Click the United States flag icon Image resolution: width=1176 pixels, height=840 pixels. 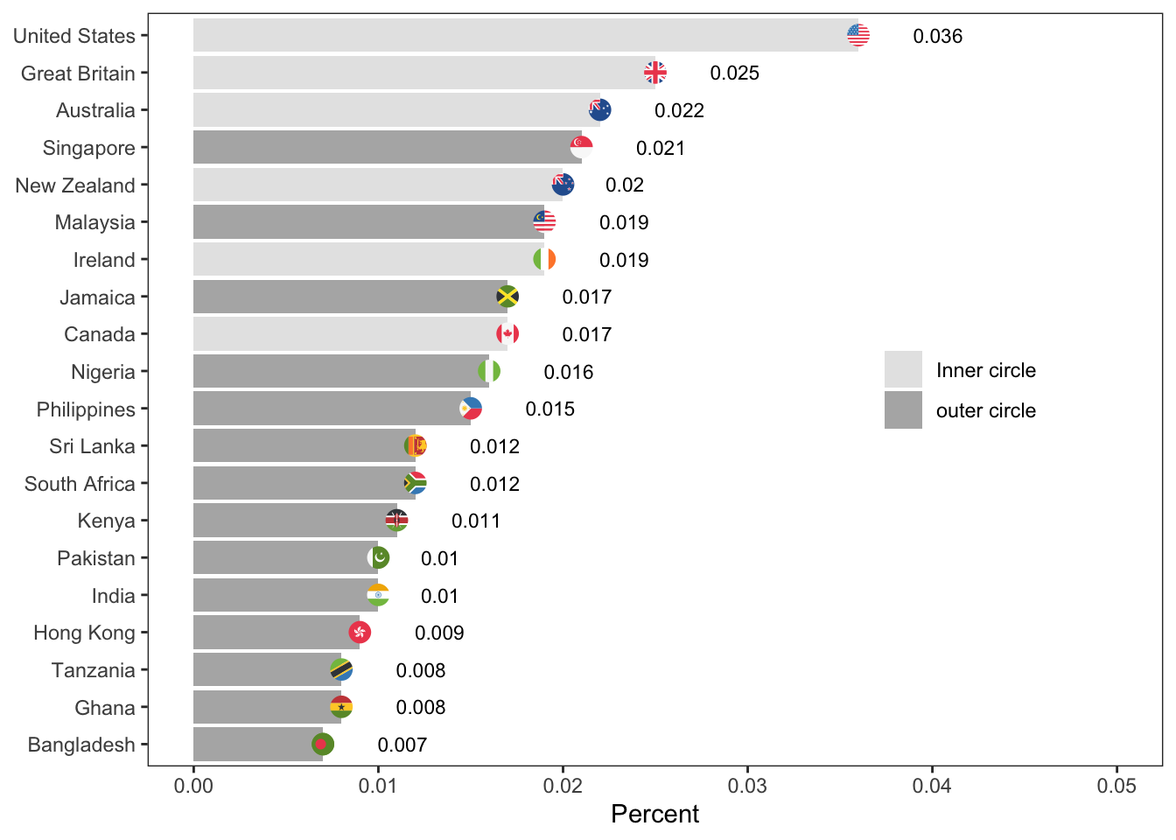point(858,35)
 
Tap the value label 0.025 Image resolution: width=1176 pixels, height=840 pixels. point(734,73)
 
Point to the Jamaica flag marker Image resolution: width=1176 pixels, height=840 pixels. point(507,297)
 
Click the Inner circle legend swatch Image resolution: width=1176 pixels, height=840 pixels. point(903,369)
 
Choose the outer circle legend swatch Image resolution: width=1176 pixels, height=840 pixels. point(903,410)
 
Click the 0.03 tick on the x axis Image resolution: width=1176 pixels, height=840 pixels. point(747,786)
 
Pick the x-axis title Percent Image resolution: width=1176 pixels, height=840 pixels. point(654,814)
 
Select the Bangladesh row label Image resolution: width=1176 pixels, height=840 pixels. point(81,745)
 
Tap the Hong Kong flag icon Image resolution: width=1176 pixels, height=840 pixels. point(360,632)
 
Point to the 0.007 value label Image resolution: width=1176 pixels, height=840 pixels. point(402,745)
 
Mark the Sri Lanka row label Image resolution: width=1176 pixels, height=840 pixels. point(92,446)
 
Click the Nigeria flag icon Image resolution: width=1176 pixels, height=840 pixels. point(489,371)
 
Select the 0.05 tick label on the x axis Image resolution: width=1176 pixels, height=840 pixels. point(1116,786)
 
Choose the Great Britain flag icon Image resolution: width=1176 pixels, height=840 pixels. point(654,73)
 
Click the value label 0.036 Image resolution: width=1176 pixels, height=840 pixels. point(937,36)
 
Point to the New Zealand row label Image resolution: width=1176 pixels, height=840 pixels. point(75,185)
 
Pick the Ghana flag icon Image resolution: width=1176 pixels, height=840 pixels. point(341,707)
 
